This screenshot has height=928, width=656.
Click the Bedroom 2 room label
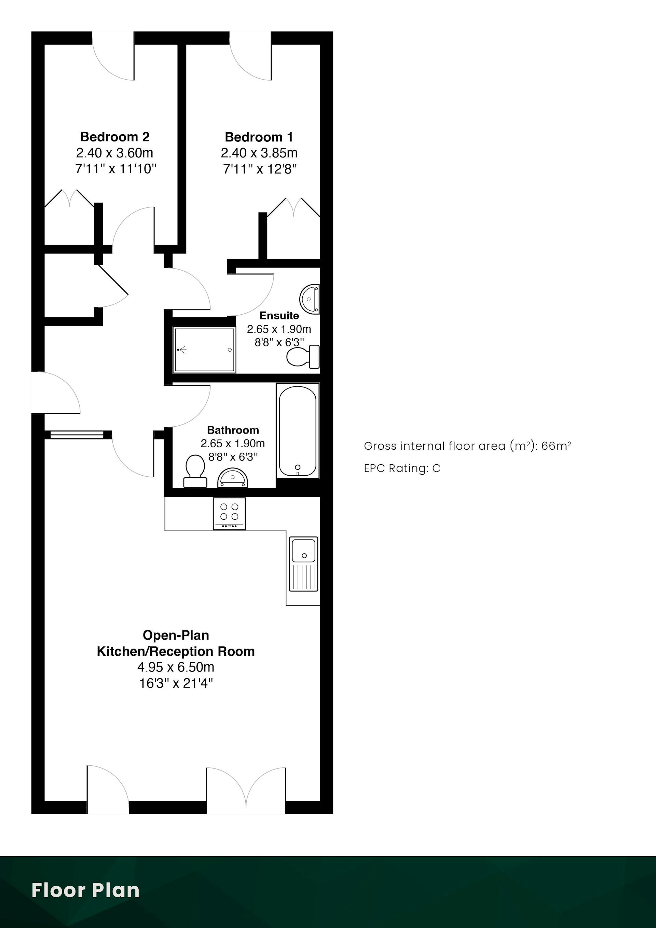[x=115, y=137]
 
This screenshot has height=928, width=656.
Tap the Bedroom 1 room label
[x=259, y=137]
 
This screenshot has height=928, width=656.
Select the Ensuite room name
[x=279, y=315]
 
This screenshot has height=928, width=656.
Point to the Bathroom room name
[x=233, y=430]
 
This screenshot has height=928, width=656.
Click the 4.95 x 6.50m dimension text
[x=176, y=667]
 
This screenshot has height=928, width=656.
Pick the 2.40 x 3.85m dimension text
[x=259, y=153]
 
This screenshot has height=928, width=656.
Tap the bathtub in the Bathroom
[x=298, y=431]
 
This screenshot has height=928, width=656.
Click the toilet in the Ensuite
[x=303, y=356]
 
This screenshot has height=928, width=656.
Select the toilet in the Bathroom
[x=195, y=471]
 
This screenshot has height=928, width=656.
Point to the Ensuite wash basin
[x=310, y=299]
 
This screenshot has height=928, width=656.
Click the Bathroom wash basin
[x=233, y=478]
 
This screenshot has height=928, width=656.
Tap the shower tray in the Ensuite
[x=204, y=350]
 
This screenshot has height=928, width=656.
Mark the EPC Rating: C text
[x=402, y=468]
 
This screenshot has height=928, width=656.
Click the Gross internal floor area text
[x=467, y=446]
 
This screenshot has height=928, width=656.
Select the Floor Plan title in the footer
[x=85, y=890]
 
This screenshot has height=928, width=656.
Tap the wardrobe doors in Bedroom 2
[x=69, y=199]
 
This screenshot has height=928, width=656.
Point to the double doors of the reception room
[x=246, y=789]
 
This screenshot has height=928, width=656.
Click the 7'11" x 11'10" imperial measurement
[x=115, y=168]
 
